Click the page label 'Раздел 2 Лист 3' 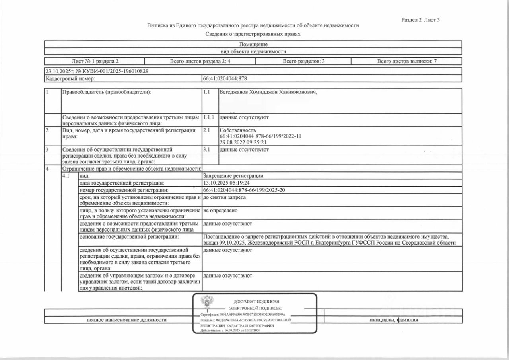point(421,20)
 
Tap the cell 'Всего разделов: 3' point(303,61)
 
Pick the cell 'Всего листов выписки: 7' point(407,61)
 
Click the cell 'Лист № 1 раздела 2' point(95,61)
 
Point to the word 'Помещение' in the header point(253,45)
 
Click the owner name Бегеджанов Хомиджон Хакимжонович point(268,92)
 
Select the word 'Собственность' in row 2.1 point(237,130)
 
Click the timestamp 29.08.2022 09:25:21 point(243,142)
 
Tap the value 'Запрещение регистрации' point(233,176)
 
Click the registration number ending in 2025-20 point(244,190)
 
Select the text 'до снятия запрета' point(224,197)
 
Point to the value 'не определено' point(220,210)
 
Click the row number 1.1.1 point(209,118)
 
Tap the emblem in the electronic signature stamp point(206,302)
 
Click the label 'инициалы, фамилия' point(394,320)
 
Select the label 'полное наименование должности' point(126,320)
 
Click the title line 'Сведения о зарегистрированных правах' point(253,34)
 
